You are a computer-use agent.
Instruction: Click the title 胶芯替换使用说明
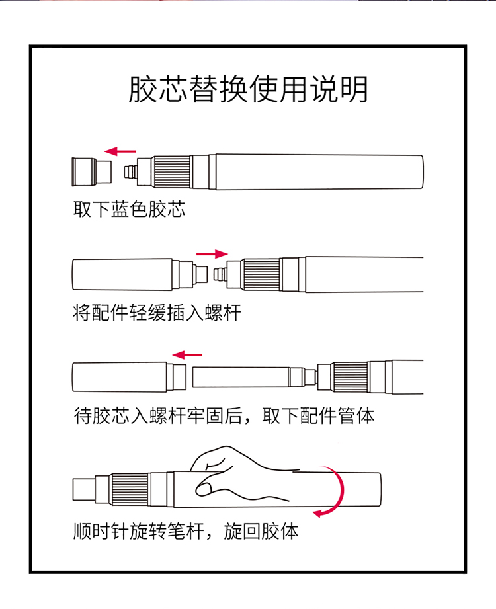click(x=248, y=89)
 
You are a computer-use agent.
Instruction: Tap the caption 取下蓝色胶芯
click(x=130, y=209)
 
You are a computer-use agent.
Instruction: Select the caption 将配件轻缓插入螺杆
click(x=157, y=313)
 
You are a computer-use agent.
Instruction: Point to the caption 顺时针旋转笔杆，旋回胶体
click(x=186, y=531)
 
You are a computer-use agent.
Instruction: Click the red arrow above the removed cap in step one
click(x=120, y=151)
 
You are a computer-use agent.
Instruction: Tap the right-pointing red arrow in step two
click(x=212, y=254)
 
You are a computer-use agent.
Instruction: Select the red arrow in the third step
click(x=186, y=354)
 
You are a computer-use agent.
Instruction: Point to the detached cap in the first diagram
click(x=92, y=172)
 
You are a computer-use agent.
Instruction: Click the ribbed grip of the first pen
click(x=172, y=172)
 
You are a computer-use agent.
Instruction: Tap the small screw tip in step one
click(x=130, y=172)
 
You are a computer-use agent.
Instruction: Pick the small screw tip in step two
click(x=220, y=274)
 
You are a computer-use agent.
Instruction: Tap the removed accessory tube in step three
click(x=129, y=377)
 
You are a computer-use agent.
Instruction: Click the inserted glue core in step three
click(x=255, y=377)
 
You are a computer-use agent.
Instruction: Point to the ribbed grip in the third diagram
click(x=351, y=377)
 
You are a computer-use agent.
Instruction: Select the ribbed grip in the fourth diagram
click(x=130, y=489)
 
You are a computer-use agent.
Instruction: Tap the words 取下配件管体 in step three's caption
click(x=319, y=415)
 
